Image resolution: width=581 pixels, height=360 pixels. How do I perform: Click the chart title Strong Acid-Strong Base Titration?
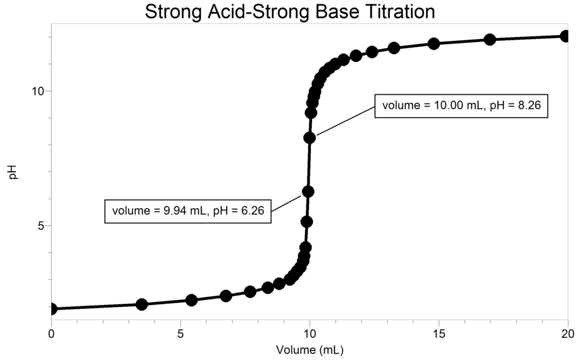(290, 11)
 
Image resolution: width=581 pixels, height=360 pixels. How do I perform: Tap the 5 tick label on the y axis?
(41, 225)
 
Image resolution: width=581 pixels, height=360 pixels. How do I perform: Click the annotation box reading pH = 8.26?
(461, 105)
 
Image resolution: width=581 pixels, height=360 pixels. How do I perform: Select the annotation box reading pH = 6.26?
(188, 211)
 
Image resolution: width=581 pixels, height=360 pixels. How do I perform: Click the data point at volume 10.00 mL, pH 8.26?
(310, 137)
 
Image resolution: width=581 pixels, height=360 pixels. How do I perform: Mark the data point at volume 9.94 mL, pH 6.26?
(308, 191)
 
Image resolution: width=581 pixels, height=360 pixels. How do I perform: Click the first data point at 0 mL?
(52, 309)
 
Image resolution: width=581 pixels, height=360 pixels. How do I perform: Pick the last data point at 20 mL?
(565, 36)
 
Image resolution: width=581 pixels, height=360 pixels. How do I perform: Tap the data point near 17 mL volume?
(490, 39)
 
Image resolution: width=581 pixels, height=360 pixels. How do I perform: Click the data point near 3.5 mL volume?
(142, 304)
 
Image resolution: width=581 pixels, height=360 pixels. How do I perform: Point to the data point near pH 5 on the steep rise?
(307, 221)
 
